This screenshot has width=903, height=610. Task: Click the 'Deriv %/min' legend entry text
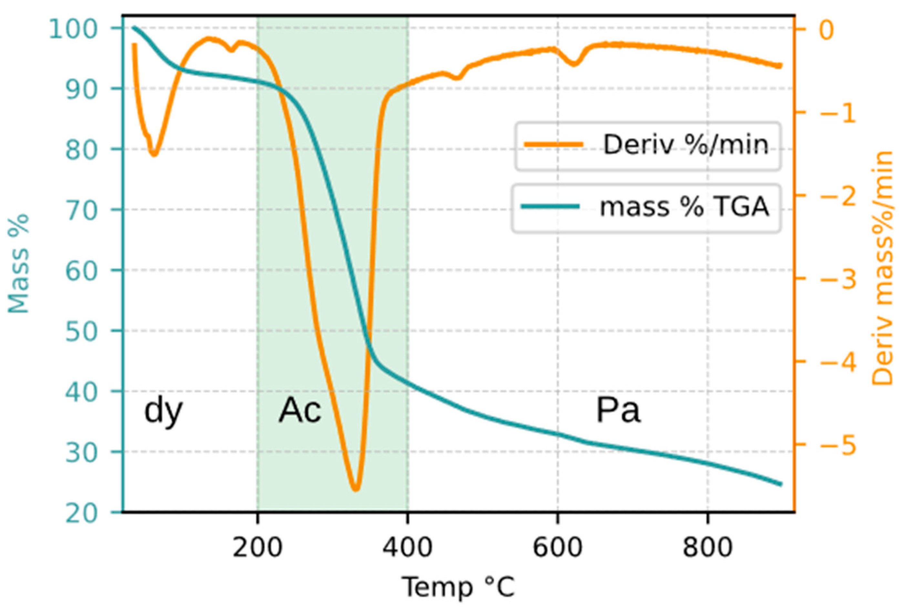tap(685, 145)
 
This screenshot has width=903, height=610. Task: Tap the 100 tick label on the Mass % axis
tap(73, 29)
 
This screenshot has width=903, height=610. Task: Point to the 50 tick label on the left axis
tap(81, 331)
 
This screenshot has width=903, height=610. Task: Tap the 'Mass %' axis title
tap(19, 264)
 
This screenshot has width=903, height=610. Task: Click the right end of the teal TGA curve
tap(779, 484)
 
